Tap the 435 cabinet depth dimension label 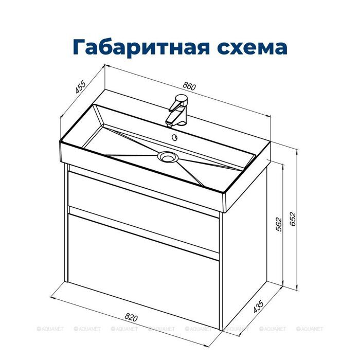258,308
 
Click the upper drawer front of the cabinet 144,195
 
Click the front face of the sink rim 139,165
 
